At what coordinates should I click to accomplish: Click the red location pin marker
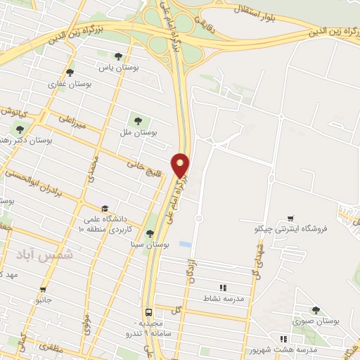tap(181, 165)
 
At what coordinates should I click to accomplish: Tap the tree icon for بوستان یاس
tap(118, 56)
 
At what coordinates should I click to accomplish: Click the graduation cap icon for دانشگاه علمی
tap(105, 209)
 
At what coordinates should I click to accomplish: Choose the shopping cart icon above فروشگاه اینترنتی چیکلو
tap(290, 218)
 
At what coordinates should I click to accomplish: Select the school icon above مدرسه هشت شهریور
tap(284, 339)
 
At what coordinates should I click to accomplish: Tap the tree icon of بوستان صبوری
tap(314, 310)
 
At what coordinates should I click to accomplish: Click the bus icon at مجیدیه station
tap(149, 312)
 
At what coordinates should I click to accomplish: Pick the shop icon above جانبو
tap(44, 289)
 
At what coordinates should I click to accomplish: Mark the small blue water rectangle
tap(185, 244)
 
